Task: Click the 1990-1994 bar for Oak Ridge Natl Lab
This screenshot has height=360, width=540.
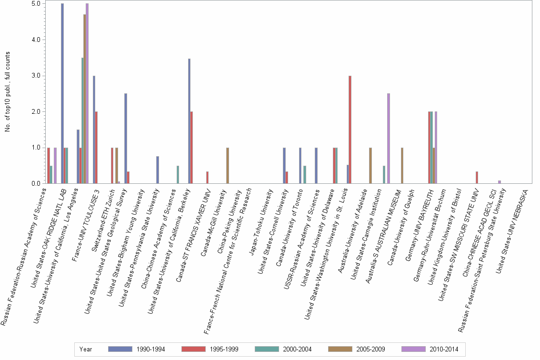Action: [62, 93]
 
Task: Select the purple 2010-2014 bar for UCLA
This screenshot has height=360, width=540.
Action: [87, 93]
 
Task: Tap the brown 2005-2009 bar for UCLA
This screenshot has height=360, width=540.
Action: [85, 99]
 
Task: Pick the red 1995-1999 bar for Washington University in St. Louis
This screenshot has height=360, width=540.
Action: [350, 130]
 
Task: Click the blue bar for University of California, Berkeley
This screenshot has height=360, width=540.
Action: [189, 121]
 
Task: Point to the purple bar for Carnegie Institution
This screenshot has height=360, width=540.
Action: [389, 139]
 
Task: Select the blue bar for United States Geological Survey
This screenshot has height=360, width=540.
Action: [126, 139]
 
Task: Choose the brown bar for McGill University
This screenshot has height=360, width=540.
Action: [228, 166]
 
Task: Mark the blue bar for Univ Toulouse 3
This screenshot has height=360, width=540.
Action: [94, 130]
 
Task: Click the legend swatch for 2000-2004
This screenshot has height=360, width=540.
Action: [267, 349]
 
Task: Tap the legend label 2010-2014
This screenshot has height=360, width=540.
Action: [444, 350]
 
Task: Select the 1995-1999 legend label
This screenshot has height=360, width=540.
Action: [224, 350]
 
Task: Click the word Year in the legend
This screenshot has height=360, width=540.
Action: [85, 350]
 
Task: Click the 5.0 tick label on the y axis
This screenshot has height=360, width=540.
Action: [36, 3]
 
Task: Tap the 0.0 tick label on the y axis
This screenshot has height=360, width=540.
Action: [36, 184]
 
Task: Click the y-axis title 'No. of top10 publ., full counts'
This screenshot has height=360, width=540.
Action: [8, 92]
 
